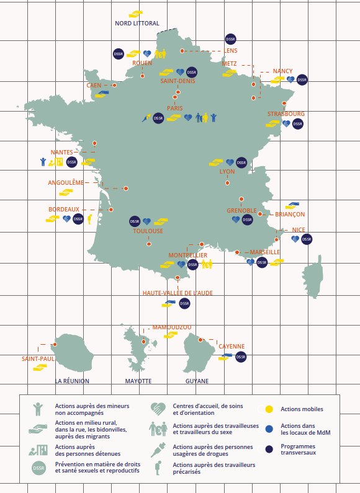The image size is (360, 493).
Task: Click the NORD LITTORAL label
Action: click(137, 24)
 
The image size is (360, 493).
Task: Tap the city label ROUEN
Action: click(142, 63)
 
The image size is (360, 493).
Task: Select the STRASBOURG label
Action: click(286, 114)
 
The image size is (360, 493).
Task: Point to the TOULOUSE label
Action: click(148, 231)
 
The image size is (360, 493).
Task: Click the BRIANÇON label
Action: click(290, 215)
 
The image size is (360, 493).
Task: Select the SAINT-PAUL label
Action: click(38, 359)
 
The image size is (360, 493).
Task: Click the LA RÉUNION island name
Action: click(72, 381)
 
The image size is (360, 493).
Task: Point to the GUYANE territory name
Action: click(197, 381)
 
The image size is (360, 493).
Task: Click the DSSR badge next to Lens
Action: click(230, 39)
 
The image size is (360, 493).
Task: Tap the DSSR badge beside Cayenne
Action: click(241, 357)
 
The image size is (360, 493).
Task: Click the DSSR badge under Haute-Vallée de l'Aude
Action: click(184, 304)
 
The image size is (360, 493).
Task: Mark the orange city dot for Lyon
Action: click(228, 183)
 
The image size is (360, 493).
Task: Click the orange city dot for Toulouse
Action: click(149, 244)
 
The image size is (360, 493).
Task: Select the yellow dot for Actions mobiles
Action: click(269, 409)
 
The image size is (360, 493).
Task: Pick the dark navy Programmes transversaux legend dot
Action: click(269, 449)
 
